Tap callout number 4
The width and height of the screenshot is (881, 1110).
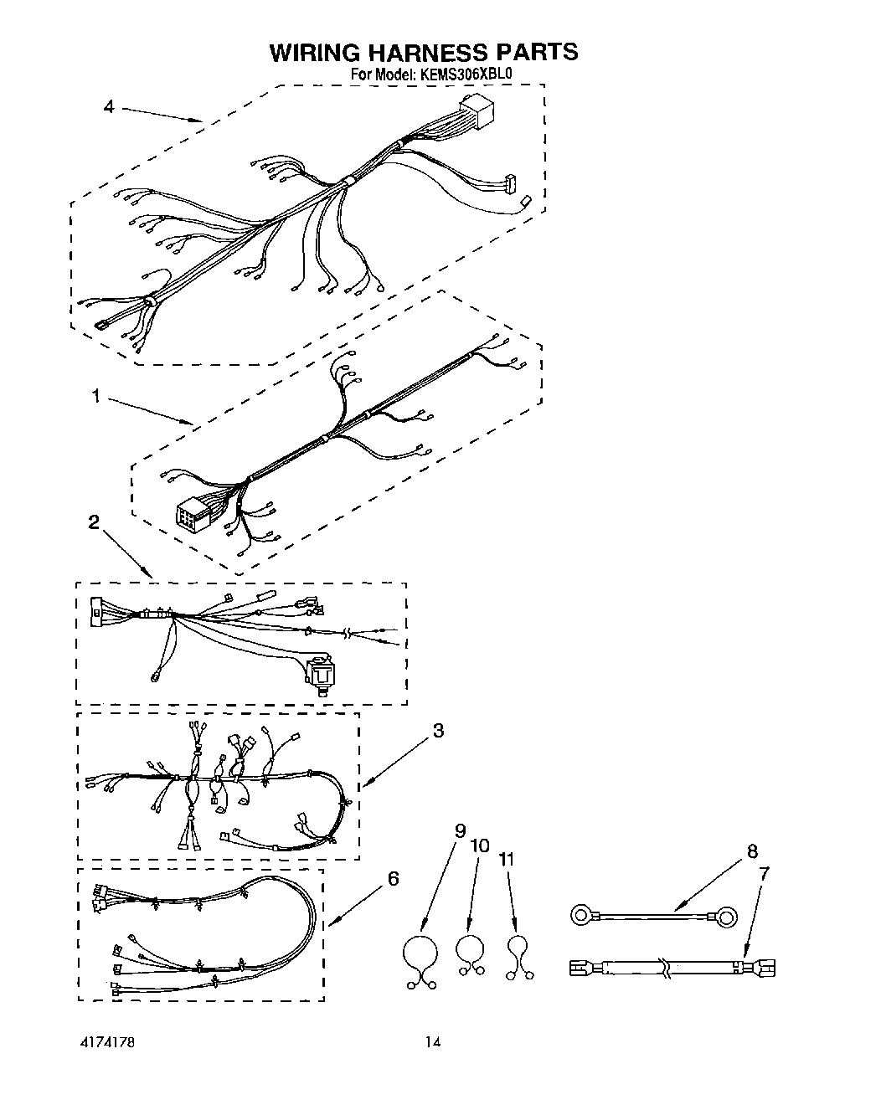click(x=108, y=106)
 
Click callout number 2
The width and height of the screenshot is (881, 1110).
click(x=94, y=522)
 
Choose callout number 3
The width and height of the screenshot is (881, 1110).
click(x=438, y=730)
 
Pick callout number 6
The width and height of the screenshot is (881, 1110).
click(x=393, y=878)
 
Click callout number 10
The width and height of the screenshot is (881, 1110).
click(x=480, y=845)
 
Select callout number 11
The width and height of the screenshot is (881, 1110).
click(x=507, y=859)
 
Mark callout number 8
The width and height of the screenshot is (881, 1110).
click(x=751, y=851)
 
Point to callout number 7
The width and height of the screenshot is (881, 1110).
click(x=763, y=873)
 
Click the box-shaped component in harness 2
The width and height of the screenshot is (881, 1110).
click(x=320, y=673)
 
